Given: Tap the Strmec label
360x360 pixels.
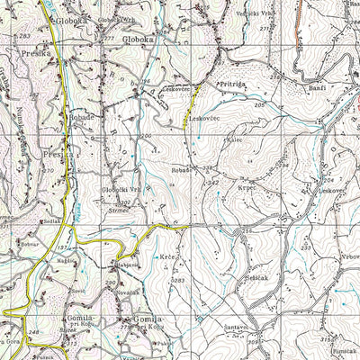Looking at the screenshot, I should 117,211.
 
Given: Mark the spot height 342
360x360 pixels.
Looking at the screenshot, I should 213,183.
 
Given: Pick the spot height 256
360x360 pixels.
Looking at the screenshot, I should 248,232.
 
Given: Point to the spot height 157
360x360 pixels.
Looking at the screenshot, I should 63,247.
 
